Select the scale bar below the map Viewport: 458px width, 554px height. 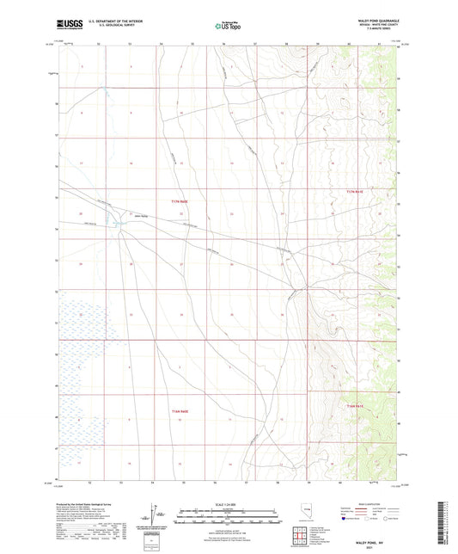[228, 515]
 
